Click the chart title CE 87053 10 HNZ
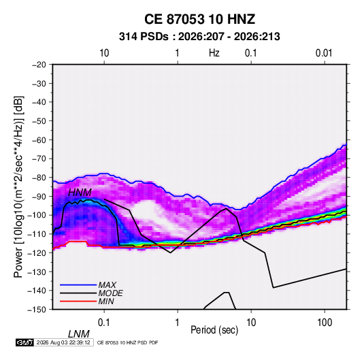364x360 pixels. pos(199,19)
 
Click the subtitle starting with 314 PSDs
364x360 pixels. pos(199,37)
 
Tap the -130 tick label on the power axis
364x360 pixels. pos(37,272)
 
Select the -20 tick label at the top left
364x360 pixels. pos(39,65)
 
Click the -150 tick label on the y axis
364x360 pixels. pos(37,310)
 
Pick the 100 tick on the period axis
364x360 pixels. pos(325,323)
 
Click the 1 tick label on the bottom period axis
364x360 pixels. pos(178,323)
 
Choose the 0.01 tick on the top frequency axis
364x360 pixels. pos(324,53)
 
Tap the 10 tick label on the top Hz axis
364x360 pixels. pos(104,53)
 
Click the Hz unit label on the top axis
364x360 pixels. pos(214,53)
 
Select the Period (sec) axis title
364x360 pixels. pos(214,330)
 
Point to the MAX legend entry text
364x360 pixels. pos(107,284)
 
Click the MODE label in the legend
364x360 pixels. pos(110,293)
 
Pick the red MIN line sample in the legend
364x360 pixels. pos(78,301)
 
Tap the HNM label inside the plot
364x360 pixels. pos(80,193)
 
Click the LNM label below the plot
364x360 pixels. pos(79,334)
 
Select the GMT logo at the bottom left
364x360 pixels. pos(24,342)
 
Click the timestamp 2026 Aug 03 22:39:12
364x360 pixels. pos(63,342)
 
